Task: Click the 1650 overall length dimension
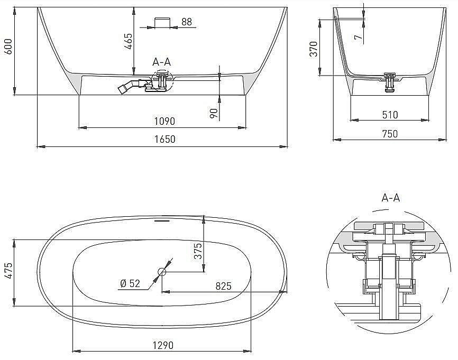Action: pyautogui.click(x=165, y=139)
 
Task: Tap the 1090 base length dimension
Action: pyautogui.click(x=165, y=121)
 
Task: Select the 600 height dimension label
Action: pyautogui.click(x=8, y=51)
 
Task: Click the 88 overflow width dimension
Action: pyautogui.click(x=187, y=22)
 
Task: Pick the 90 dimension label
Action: pyautogui.click(x=214, y=113)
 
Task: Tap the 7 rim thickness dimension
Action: pyautogui.click(x=359, y=36)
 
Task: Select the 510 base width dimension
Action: pyautogui.click(x=390, y=114)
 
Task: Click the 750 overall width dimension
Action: pyautogui.click(x=390, y=134)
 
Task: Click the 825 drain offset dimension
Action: pyautogui.click(x=223, y=286)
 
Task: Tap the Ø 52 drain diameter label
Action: pyautogui.click(x=130, y=284)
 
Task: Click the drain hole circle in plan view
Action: pyautogui.click(x=162, y=272)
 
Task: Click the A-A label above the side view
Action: pyautogui.click(x=162, y=62)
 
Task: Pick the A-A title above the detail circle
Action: pyautogui.click(x=390, y=198)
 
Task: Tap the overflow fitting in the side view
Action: pyautogui.click(x=161, y=21)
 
